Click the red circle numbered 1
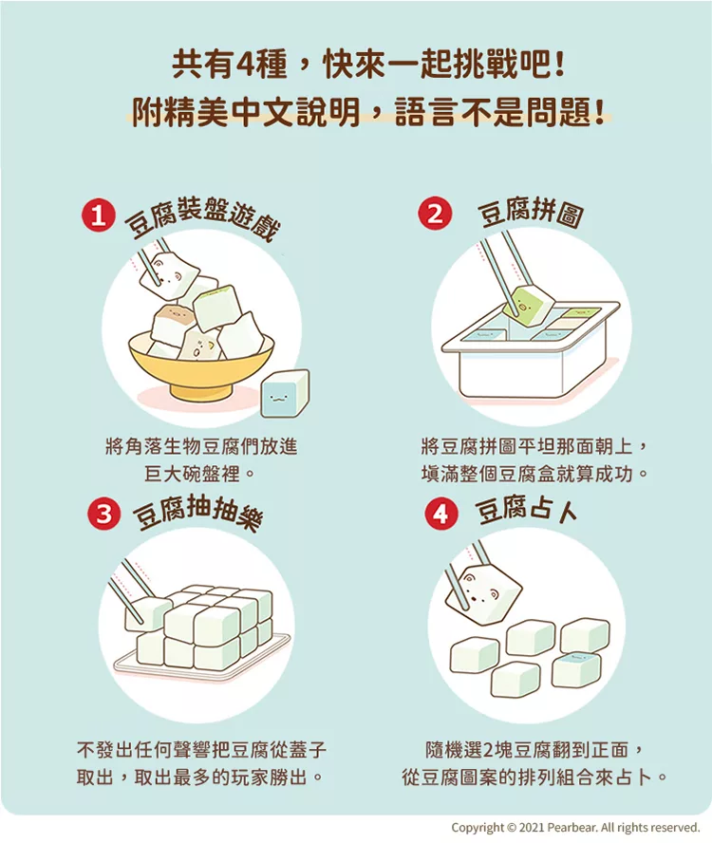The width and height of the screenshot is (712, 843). point(98,216)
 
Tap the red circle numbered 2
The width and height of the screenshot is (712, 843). point(435,214)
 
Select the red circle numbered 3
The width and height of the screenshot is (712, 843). point(103,514)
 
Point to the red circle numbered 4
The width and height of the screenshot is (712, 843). point(441,515)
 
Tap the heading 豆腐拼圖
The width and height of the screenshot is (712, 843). point(530,214)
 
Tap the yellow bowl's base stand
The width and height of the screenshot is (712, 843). point(201,389)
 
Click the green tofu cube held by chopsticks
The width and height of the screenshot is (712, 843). point(528,306)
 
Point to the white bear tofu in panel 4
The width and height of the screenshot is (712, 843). point(484,589)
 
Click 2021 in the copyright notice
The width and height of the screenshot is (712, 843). point(531,827)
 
